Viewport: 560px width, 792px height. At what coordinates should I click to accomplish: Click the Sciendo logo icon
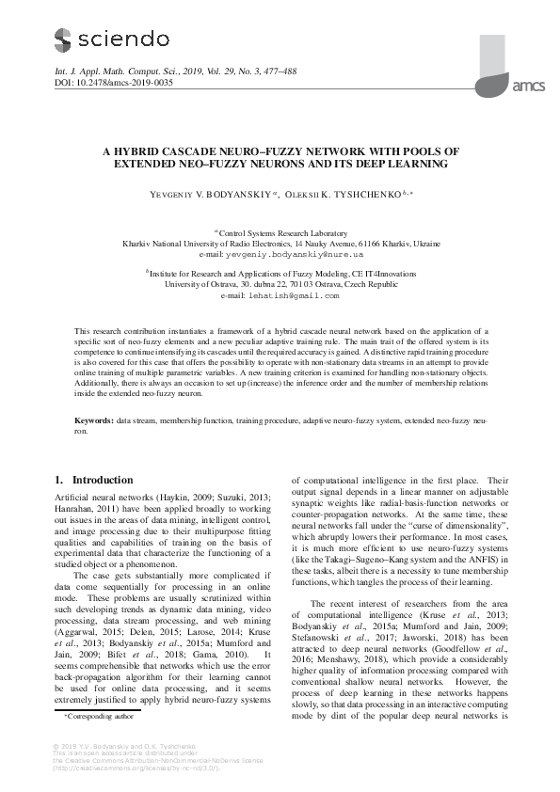click(63, 40)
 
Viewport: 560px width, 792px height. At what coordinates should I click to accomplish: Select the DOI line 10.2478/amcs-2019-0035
click(114, 82)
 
